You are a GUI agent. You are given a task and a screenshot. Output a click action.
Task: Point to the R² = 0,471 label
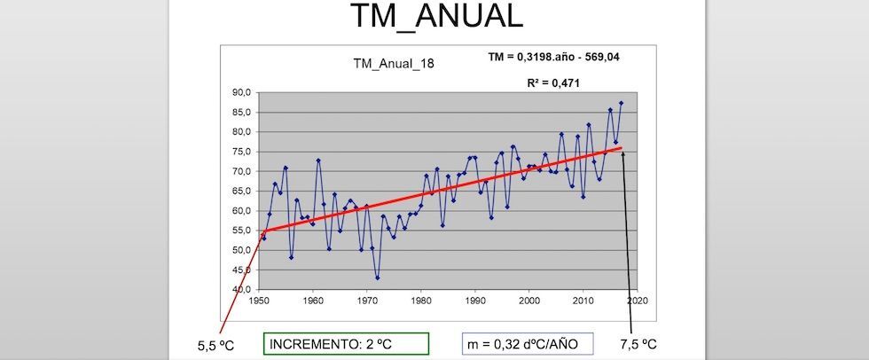point(556,82)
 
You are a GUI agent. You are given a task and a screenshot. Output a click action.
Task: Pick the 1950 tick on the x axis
point(259,301)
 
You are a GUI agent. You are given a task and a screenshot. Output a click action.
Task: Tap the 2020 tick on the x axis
point(637,301)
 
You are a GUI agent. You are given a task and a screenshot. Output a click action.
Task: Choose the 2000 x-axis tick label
point(529,301)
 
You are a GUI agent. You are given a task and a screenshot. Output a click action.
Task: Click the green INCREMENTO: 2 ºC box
point(347,343)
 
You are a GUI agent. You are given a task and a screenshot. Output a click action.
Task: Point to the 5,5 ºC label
point(216,344)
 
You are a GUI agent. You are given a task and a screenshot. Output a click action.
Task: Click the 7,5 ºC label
point(638,342)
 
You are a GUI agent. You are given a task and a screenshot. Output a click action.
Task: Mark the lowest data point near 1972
point(377,278)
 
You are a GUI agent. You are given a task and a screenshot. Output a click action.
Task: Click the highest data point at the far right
point(621,103)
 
